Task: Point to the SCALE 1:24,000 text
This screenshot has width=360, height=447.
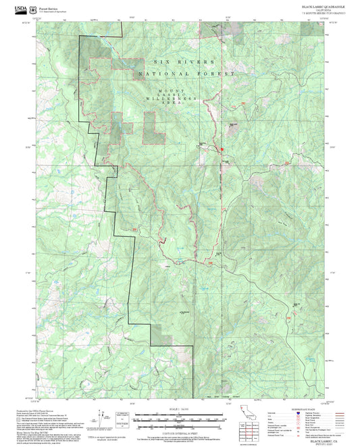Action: pyautogui.click(x=180, y=409)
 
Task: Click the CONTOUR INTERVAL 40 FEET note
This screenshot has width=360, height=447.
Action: pyautogui.click(x=180, y=427)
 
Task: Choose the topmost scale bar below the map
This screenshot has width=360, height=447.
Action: pyautogui.click(x=180, y=414)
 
